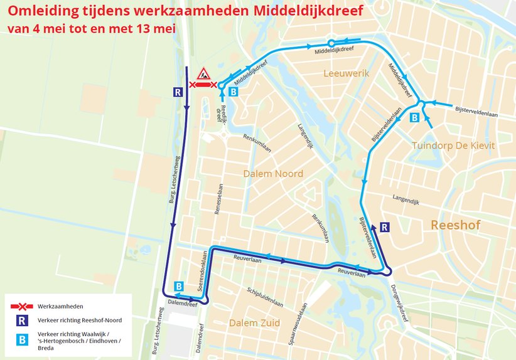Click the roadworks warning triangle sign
pos(203,73)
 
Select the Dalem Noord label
pos(273,174)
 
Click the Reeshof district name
pos(459,225)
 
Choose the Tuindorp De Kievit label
pos(454,146)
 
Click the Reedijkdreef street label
pos(220,112)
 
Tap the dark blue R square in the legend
pos(23,320)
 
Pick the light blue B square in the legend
pos(23,338)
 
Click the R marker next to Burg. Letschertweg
pos(178,92)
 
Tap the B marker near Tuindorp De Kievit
pos(414,117)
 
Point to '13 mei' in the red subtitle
pos(154,28)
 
